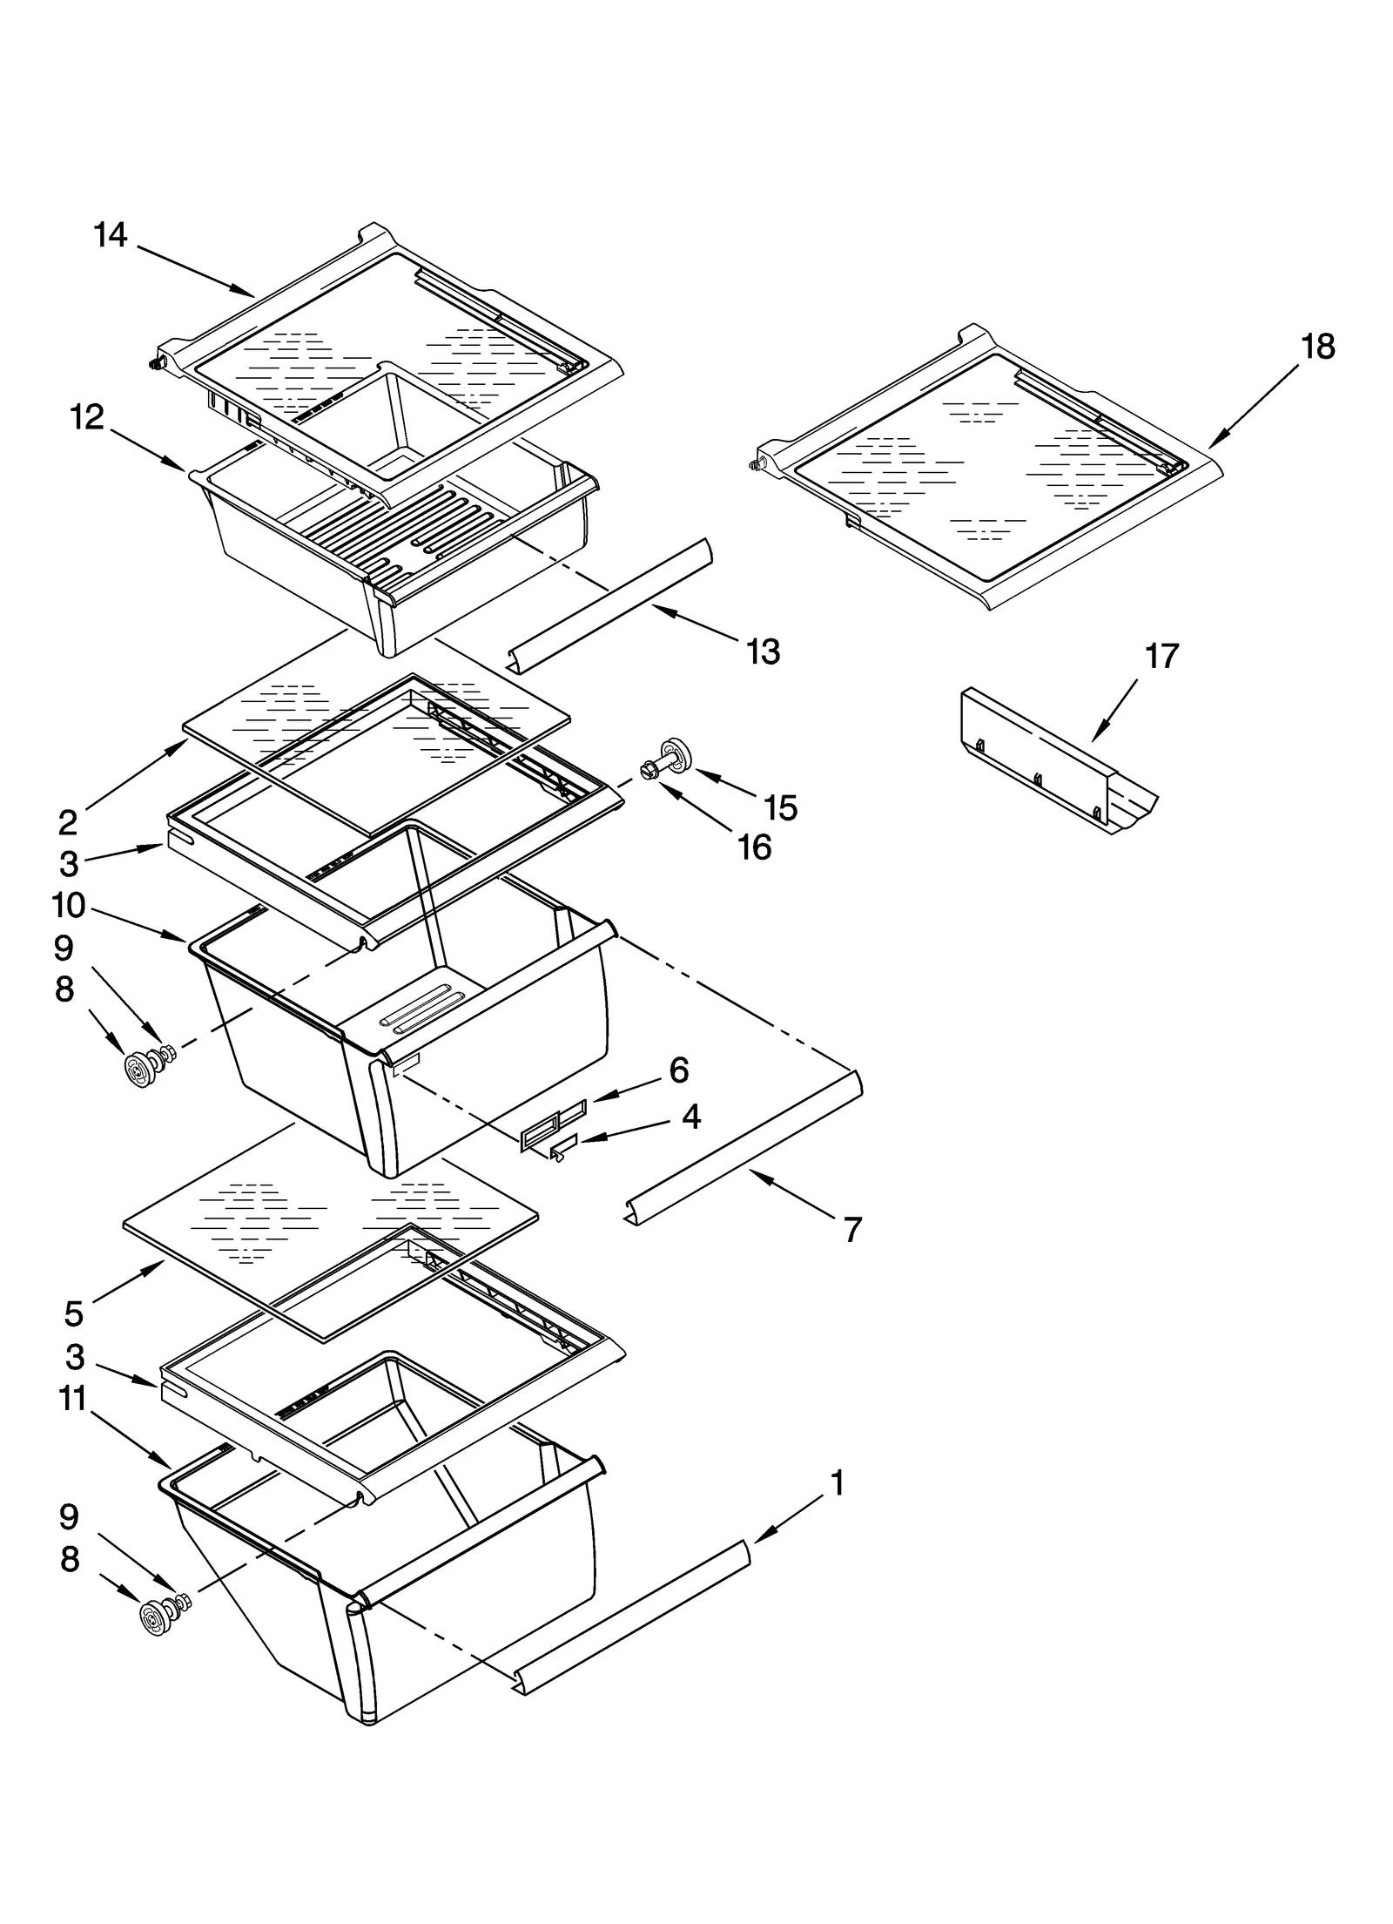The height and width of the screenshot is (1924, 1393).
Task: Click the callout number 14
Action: click(111, 235)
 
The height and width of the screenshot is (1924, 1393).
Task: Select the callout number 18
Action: click(1317, 347)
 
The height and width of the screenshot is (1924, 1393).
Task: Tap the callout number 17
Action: click(1161, 656)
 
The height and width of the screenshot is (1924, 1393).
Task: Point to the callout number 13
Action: click(764, 651)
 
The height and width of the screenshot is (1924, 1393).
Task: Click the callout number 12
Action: click(87, 417)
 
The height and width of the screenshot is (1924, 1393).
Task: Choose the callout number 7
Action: click(852, 1229)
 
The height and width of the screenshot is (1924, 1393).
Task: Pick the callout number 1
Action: click(838, 1482)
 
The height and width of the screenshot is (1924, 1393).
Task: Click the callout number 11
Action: click(73, 1399)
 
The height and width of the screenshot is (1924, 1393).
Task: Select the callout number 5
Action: click(73, 1313)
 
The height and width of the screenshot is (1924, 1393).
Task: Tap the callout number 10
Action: click(69, 906)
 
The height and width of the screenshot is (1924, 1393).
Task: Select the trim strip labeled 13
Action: click(609, 606)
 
